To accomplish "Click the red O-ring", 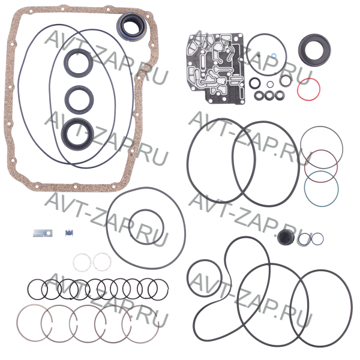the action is tap(308, 89).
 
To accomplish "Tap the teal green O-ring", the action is tap(321, 189).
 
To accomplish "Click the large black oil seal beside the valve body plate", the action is tap(314, 50).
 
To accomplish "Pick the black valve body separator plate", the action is tap(216, 68).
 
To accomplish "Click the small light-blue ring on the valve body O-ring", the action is tap(274, 55).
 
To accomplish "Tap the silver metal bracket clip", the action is tap(43, 233).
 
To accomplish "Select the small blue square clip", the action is tap(69, 233).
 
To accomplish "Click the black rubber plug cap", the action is tap(286, 238).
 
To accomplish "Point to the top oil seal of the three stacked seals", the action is tap(79, 63).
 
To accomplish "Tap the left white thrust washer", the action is tap(82, 262).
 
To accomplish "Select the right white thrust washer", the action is tap(102, 262).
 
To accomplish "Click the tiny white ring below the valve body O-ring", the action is tap(270, 84).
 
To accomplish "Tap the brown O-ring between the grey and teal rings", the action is tap(321, 166).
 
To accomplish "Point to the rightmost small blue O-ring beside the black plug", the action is tap(317, 239).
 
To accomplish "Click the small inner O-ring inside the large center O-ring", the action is tap(146, 227).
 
